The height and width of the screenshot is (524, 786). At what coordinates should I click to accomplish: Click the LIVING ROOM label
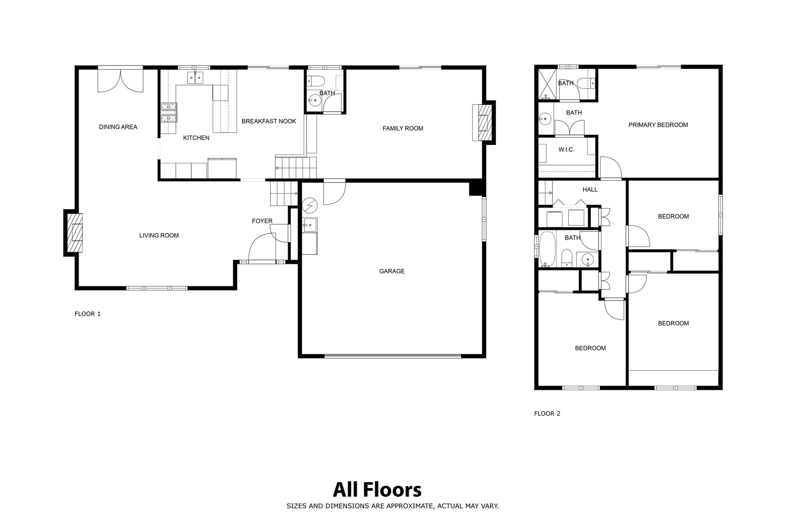159,235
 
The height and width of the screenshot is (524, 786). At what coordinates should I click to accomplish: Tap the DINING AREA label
118,127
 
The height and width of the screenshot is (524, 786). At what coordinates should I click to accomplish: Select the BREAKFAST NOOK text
269,121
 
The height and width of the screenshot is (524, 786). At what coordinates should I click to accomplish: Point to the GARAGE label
392,271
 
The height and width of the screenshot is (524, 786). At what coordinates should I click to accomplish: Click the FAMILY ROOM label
403,128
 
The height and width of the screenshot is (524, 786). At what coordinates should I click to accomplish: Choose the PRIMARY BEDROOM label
658,125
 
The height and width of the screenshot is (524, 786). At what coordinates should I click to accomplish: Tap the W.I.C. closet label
566,150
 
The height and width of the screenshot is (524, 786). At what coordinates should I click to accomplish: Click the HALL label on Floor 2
590,190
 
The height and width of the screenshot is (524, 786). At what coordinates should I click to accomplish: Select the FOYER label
262,221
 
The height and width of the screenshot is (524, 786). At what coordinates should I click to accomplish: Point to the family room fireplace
484,122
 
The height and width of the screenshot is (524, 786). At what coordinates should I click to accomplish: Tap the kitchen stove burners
169,113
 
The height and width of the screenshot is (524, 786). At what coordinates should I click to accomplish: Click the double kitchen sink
195,78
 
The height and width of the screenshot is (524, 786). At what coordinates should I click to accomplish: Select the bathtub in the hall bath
547,249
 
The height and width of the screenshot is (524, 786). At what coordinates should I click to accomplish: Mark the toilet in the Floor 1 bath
315,81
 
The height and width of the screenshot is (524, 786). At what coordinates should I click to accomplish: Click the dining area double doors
120,80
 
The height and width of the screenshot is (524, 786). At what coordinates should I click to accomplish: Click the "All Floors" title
377,490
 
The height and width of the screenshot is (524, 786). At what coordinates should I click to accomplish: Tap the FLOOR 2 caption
547,414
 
